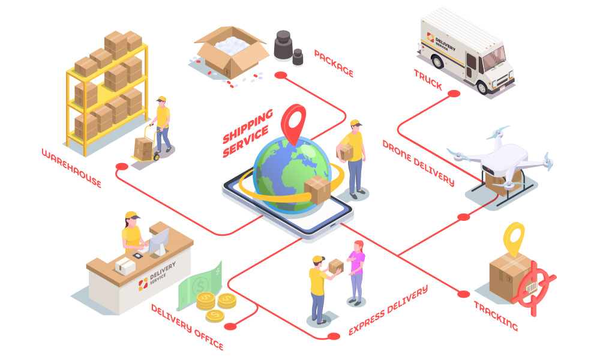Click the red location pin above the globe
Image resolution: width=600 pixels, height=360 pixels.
293,123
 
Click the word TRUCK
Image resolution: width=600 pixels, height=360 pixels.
428,80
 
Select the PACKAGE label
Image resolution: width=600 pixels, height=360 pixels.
334,63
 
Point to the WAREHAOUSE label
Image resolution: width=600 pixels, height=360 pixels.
71,169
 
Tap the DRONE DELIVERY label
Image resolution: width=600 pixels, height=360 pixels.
419,163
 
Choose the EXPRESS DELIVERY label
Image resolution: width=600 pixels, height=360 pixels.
388,310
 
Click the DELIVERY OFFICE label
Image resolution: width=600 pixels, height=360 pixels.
187,327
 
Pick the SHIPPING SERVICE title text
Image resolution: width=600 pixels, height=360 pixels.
248,133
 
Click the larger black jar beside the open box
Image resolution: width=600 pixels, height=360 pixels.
283,45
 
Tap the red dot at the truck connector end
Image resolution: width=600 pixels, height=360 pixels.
454,94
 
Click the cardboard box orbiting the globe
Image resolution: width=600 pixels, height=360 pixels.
317,190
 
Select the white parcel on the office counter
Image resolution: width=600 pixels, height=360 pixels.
125,266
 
